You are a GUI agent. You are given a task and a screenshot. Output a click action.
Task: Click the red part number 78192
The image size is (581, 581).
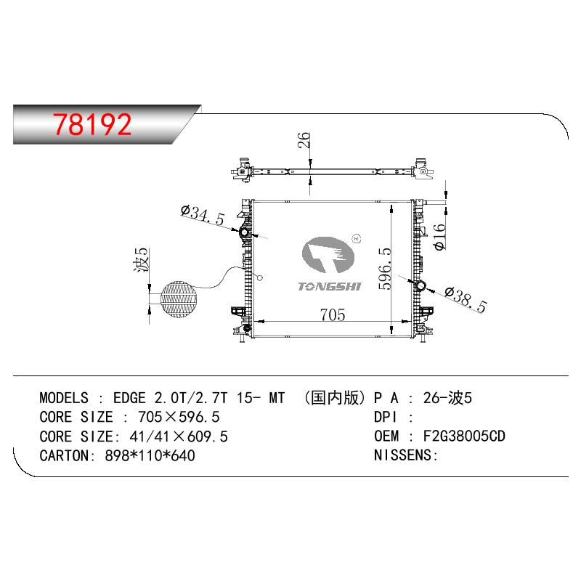coord(92,124)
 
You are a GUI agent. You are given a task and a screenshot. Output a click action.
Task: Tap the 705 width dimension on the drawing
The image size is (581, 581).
coord(333,314)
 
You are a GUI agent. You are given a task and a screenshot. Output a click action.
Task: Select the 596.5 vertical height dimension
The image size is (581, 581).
coord(385,268)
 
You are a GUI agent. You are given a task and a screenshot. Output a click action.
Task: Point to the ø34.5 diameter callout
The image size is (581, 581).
coord(203,214)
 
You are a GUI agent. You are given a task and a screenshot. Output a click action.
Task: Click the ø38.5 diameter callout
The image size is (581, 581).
coord(466,299)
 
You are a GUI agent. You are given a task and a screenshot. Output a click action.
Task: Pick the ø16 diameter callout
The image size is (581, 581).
coord(440,237)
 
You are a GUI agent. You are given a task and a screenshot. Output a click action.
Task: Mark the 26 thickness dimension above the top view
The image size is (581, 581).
coord(304,140)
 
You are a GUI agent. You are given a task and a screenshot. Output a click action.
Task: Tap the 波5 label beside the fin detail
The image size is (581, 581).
coord(141,259)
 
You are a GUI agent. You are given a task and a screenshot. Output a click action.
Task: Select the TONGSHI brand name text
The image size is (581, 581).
coord(329,286)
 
